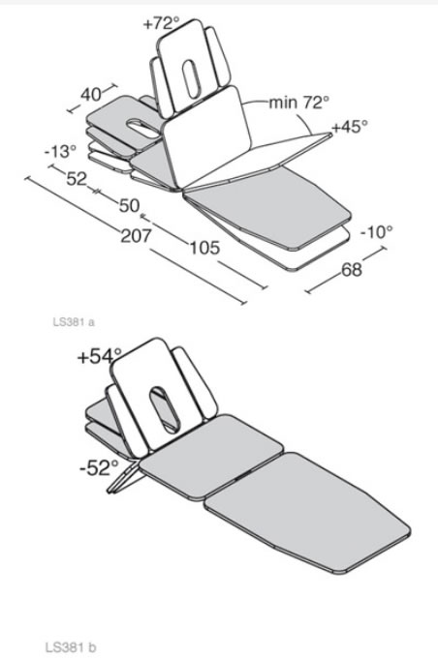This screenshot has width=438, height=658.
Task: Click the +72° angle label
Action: [x=162, y=23]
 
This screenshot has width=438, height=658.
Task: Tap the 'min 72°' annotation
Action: [x=298, y=102]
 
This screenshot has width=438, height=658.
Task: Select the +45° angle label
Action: [x=350, y=126]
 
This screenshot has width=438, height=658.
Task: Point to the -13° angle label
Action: [x=60, y=151]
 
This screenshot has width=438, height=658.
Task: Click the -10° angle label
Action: [x=377, y=231]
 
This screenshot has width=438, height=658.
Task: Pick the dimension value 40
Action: [x=91, y=95]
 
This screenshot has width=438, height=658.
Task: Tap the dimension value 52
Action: [x=77, y=179]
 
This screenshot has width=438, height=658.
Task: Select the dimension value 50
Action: [x=130, y=205]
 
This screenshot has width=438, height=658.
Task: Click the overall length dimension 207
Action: [x=136, y=236]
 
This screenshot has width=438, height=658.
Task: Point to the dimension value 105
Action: [x=204, y=248]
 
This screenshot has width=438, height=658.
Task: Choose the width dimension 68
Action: [x=352, y=269]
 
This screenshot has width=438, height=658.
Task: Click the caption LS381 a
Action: [x=74, y=322]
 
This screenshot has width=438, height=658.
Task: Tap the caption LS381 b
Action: [x=71, y=647]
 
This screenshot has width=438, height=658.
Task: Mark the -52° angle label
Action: [x=99, y=467]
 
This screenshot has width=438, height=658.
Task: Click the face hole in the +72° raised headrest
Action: [x=190, y=79]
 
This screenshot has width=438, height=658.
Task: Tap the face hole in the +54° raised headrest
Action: [x=165, y=410]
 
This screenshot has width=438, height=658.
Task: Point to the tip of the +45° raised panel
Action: [x=330, y=135]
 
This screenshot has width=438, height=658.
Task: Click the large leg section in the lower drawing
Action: [x=308, y=513]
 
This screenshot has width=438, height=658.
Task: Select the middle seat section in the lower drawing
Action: [x=211, y=458]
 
